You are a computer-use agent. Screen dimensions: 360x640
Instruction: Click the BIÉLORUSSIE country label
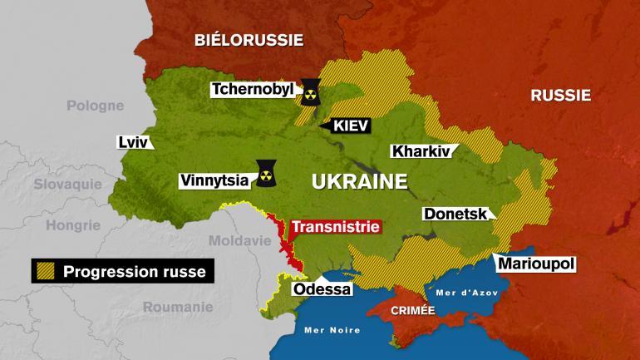pos(249,39)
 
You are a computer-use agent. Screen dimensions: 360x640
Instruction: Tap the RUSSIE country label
pos(561,95)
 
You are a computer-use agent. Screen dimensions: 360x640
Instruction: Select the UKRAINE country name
pos(359,181)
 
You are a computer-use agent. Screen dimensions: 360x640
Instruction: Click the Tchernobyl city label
pos(253,89)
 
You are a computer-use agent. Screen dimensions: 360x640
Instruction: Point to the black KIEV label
pos(349,126)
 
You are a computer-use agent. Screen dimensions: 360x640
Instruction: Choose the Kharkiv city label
pos(420,151)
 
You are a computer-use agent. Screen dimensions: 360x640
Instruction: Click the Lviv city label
pos(133,142)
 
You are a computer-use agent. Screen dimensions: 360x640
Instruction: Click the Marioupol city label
pos(537,264)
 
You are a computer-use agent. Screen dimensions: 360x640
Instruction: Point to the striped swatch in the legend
pos(43,270)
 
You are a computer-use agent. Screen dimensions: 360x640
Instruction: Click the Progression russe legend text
pos(134,270)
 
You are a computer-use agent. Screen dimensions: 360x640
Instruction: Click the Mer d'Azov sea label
pos(460,292)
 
